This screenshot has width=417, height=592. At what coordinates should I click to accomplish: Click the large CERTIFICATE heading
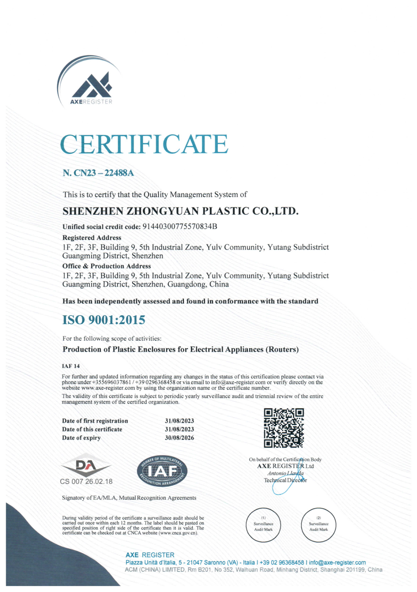(x=144, y=144)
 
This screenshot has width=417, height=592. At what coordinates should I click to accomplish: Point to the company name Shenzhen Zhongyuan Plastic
(x=180, y=211)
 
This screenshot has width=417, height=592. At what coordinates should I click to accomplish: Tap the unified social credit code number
(x=179, y=226)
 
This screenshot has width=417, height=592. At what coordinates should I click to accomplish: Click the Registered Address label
(x=92, y=238)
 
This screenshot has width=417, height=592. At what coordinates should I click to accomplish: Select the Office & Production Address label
(x=107, y=266)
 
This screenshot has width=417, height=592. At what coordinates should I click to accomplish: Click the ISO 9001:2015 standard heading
(x=104, y=320)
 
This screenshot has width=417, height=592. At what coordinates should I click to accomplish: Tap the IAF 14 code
(x=71, y=366)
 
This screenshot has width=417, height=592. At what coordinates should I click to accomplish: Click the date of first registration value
(x=179, y=421)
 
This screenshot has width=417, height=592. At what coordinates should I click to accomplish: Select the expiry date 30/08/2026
(x=179, y=438)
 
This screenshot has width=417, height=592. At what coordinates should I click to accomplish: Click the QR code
(x=283, y=428)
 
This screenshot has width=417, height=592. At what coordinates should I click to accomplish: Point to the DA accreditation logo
(x=86, y=465)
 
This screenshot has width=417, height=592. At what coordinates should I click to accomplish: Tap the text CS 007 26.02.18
(x=86, y=482)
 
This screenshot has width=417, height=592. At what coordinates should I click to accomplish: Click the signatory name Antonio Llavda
(x=285, y=473)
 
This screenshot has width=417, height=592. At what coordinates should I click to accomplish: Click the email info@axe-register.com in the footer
(x=337, y=563)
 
